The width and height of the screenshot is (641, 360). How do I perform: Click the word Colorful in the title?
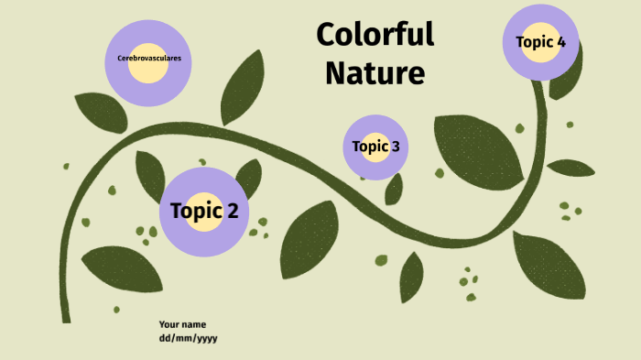(375, 35)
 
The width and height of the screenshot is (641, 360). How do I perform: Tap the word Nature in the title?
(375, 71)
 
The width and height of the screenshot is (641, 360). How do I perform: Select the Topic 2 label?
(204, 212)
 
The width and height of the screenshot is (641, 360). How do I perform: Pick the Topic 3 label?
(375, 147)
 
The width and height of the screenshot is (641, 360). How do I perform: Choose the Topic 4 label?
(540, 41)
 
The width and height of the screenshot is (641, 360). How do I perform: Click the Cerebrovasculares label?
(149, 58)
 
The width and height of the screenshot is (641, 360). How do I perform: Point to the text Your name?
(182, 324)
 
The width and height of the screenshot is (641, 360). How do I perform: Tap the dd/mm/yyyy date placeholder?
(188, 338)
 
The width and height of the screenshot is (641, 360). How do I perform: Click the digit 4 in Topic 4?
(560, 41)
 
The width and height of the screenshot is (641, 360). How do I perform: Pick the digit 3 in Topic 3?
(395, 147)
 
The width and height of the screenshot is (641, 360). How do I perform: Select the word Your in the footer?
(168, 324)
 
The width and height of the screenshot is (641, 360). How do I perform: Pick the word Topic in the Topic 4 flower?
(534, 41)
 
